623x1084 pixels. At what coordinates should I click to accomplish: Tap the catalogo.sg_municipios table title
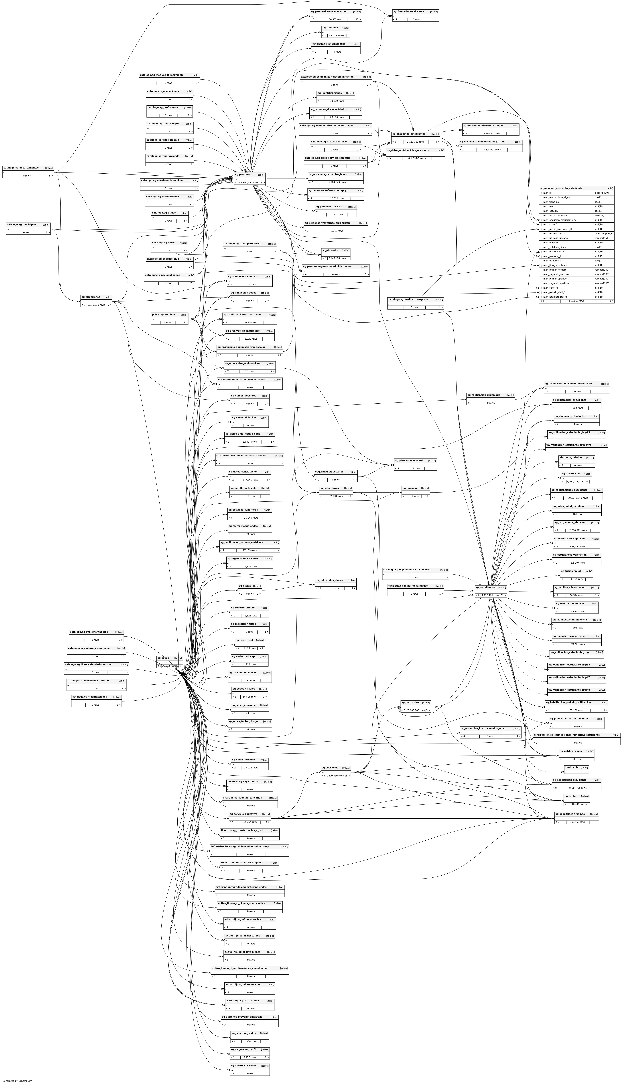(21, 224)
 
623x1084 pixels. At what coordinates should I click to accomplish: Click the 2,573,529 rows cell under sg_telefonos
(337, 36)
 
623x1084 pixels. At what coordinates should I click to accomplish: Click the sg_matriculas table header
(410, 702)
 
